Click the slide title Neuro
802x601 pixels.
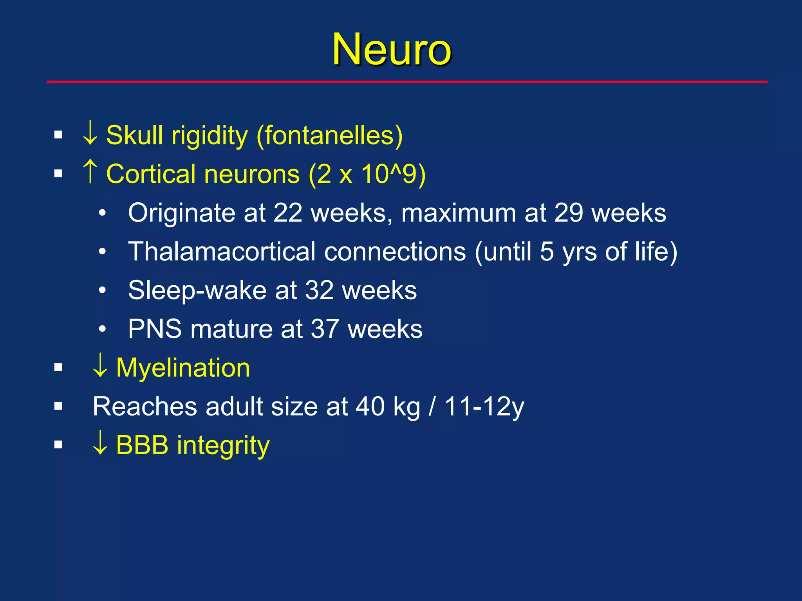(x=392, y=50)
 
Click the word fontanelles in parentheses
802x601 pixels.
(x=329, y=135)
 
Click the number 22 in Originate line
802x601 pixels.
(x=288, y=213)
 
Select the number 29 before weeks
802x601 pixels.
(x=569, y=213)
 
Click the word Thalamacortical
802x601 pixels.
(x=222, y=251)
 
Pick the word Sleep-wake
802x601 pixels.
(x=197, y=290)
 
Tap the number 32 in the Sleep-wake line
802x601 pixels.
(x=319, y=290)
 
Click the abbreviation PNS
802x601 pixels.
(x=155, y=329)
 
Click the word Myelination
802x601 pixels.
(x=183, y=368)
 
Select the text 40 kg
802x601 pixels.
(x=388, y=407)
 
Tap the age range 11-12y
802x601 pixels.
(x=484, y=407)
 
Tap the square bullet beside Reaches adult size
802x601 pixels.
(x=58, y=406)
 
